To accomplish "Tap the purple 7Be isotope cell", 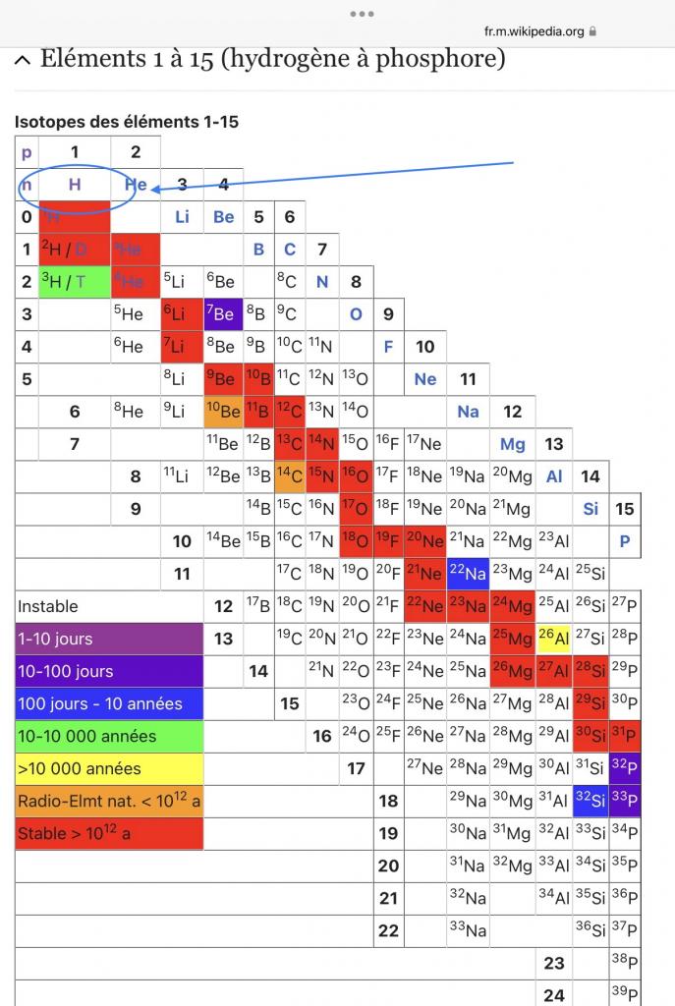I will pos(223,314).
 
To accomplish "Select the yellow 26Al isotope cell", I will pos(554,638).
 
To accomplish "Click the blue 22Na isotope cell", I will pos(468,573).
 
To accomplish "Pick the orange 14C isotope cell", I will pos(289,476).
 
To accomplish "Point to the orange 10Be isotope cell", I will pos(223,412).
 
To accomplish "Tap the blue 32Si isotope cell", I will pos(590,801).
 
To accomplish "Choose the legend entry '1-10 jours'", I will pos(108,639).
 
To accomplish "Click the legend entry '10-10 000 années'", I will pos(108,736).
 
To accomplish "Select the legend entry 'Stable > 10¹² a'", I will pos(108,834).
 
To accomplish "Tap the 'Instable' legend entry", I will pos(108,606).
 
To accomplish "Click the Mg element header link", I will pos(512,444).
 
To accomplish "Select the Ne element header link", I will pos(424,379).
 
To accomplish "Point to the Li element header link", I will pos(182,217).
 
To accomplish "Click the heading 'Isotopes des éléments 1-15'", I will pos(127,122).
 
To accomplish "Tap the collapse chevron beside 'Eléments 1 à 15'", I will pos(23,60).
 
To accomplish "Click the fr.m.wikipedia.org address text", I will pos(534,30).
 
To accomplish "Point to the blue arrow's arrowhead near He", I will pos(157,188).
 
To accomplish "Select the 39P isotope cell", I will pos(624,993).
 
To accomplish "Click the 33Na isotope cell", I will pos(468,930).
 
